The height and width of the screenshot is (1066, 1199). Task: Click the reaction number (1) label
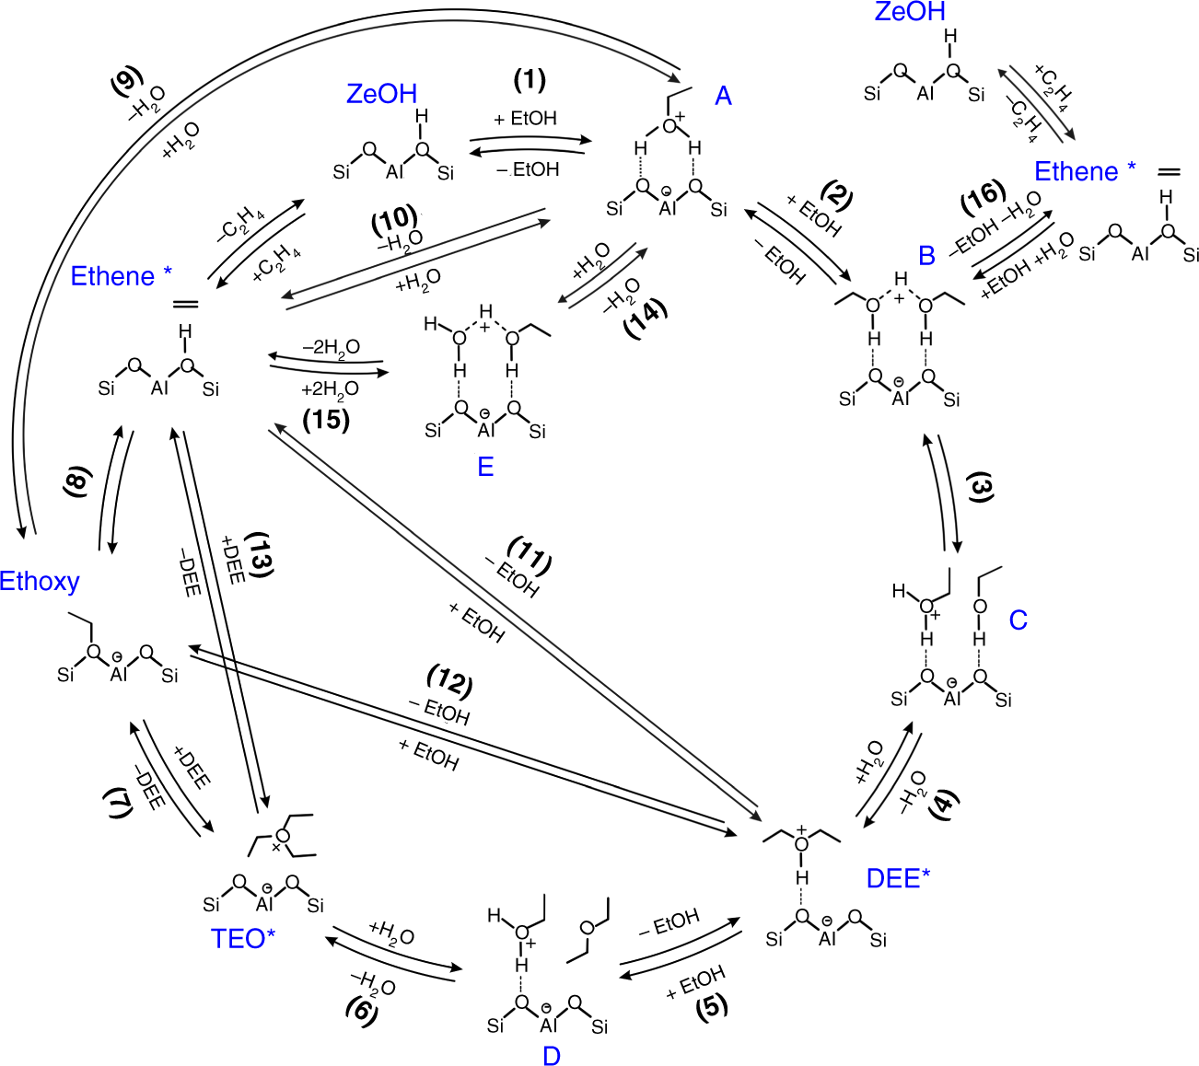(530, 80)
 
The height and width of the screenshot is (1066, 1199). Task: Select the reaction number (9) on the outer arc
(126, 81)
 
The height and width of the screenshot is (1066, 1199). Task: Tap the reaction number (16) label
(983, 196)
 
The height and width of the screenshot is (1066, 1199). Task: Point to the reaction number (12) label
(449, 681)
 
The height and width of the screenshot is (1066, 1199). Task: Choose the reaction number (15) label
(326, 420)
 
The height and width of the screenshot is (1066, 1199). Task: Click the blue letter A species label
(724, 96)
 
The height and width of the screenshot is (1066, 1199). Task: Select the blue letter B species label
(926, 255)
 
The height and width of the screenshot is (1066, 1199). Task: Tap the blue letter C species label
(1018, 620)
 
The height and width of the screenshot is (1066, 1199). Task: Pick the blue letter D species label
(551, 1055)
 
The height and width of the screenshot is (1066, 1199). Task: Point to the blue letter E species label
(485, 467)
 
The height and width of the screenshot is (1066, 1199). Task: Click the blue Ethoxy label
(40, 582)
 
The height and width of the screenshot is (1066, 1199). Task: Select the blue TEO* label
(243, 938)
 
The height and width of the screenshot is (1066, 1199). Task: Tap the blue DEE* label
(898, 878)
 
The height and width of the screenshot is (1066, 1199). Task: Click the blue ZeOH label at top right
(910, 12)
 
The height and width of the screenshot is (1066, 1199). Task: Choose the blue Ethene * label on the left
(121, 276)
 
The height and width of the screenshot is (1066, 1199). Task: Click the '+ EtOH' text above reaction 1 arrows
(525, 119)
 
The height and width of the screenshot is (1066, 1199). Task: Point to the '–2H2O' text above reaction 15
(331, 348)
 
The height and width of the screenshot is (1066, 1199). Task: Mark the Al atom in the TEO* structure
(265, 903)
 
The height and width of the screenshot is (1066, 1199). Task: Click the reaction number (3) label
(982, 487)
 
